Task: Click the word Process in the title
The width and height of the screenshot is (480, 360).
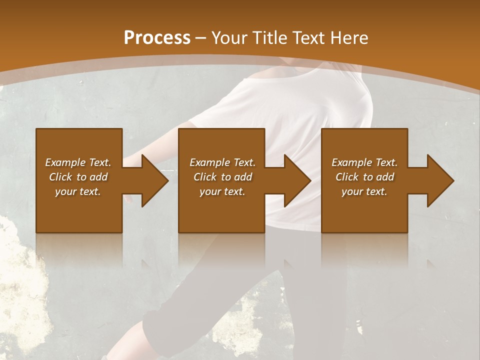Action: [157, 38]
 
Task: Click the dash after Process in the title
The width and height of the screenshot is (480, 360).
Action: [201, 39]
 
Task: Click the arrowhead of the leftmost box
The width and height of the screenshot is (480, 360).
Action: [152, 180]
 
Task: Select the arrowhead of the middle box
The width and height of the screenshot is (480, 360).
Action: [295, 180]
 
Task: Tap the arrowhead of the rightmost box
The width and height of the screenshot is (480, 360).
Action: [438, 180]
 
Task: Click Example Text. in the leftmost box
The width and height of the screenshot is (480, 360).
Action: [78, 162]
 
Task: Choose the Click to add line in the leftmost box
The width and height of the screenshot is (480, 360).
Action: [78, 177]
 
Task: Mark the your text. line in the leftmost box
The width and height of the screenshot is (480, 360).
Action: [78, 191]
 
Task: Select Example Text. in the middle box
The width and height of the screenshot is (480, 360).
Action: [222, 162]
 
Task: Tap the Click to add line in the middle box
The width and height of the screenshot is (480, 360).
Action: [222, 177]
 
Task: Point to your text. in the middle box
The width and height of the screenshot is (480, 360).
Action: [222, 191]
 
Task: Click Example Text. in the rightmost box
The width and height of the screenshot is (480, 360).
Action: [364, 162]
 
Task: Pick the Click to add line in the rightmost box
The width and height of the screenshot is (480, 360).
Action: [364, 177]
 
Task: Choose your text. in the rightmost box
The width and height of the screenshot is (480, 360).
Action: [364, 191]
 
